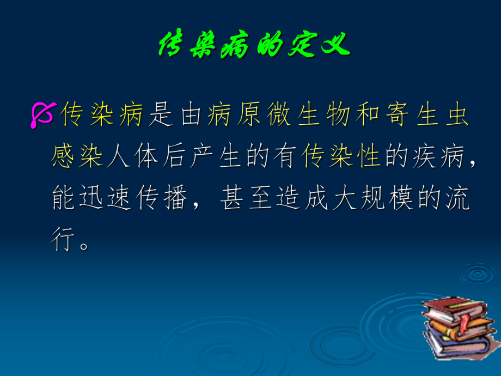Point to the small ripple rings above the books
[x=478, y=273]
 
